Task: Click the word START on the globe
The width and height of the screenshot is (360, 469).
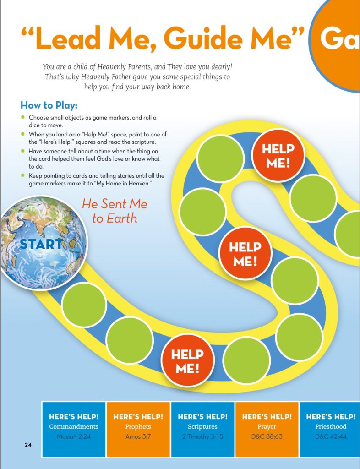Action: [40, 244]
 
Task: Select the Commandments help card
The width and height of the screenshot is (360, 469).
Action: [74, 429]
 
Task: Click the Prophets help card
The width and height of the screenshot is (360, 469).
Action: [138, 429]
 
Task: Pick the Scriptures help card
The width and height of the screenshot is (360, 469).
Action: [202, 429]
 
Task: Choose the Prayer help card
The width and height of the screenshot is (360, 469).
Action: [267, 429]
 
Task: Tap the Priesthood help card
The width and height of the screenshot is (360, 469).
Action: [330, 429]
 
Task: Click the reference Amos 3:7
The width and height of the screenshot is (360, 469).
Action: [138, 436]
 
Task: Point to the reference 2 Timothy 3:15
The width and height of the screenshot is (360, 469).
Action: [202, 436]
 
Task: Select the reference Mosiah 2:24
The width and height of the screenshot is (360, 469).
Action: [74, 436]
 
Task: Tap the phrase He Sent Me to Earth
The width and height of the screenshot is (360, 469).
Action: [115, 211]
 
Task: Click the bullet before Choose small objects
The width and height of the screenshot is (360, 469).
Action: [22, 118]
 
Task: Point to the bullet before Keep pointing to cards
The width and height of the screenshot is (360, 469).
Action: [22, 175]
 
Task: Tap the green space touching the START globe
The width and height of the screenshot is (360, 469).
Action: [84, 305]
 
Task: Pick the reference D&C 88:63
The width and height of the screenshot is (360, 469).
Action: [267, 436]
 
